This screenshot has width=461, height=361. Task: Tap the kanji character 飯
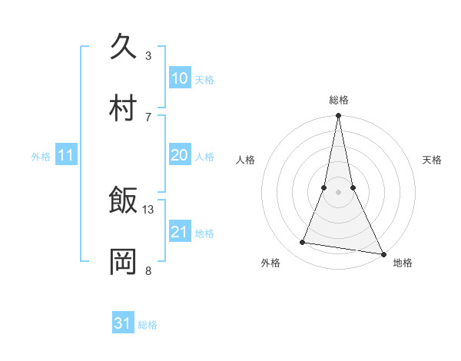coord(124,200)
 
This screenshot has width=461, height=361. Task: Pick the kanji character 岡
coord(124,261)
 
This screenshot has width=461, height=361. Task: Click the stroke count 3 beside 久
coord(148,55)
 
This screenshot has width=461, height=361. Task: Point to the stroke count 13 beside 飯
coord(148,209)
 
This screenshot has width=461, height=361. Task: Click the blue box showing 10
coord(179,78)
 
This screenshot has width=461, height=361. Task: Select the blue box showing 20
coord(179,155)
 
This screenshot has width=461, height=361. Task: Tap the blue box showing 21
coord(179,232)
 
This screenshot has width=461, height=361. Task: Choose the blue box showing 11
coord(66,155)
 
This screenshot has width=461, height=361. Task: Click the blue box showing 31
coord(123,323)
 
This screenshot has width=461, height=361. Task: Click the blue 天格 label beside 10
coord(204,79)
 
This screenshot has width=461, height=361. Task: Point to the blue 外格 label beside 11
coord(41,156)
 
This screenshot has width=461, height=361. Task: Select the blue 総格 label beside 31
coord(148,324)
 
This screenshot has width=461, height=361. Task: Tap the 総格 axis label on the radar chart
coord(339,100)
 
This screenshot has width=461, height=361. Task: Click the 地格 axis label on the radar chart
coord(403,263)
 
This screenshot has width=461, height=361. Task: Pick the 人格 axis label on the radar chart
coord(246,160)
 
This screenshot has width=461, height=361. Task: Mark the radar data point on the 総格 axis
coord(338,117)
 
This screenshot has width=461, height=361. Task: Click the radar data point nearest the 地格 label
coord(383,253)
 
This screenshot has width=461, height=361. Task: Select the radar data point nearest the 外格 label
coord(303,243)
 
